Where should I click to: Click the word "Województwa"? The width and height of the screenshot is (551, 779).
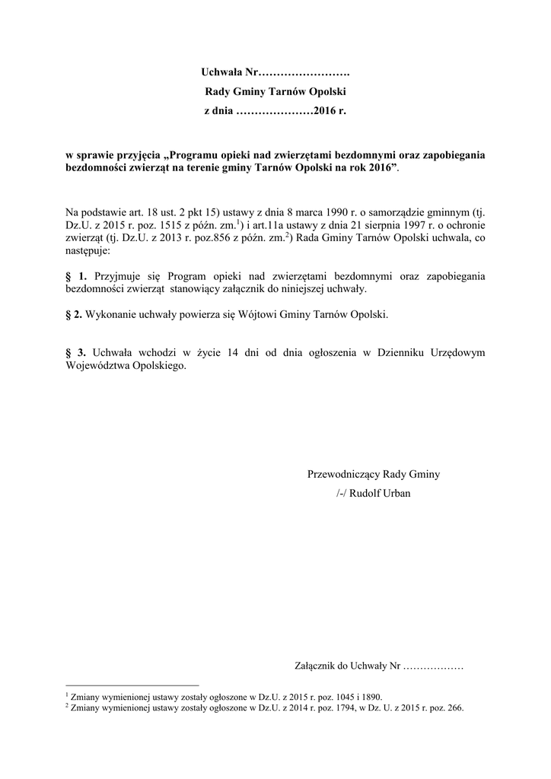pos(98,365)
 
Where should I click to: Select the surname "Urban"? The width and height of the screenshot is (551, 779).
pos(397,494)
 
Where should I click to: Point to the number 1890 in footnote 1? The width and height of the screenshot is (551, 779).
pos(372,696)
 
